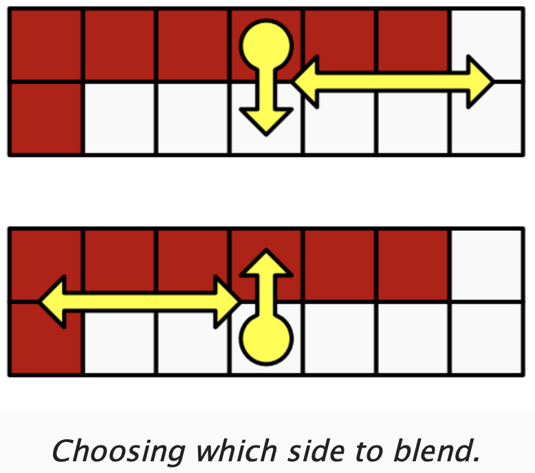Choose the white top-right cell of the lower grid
tap(487, 265)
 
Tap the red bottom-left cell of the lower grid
tap(45, 339)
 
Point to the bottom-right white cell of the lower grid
tap(487, 339)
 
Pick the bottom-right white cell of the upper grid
tap(487, 118)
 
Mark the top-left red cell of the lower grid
tap(45, 265)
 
